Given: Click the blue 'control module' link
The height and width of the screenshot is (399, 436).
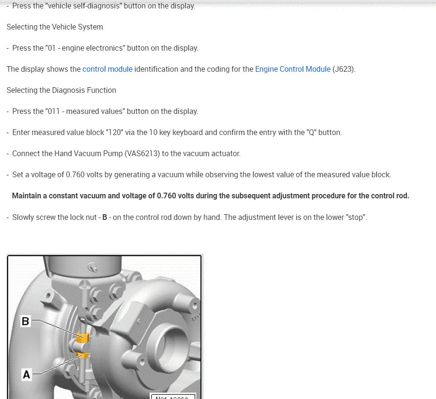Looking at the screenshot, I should click(x=107, y=69).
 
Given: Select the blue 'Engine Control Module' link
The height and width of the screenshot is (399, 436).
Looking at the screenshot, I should click(x=293, y=69).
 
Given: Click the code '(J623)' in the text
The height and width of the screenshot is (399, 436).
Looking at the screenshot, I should click(x=344, y=69).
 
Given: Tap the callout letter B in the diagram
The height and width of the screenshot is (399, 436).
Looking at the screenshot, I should click(x=25, y=322).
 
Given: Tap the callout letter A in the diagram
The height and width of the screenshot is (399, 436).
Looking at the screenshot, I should click(x=26, y=375).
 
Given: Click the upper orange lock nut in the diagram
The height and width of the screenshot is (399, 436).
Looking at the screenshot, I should click(x=83, y=338).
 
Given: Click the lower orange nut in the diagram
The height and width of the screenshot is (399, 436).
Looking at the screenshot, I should click(x=83, y=355).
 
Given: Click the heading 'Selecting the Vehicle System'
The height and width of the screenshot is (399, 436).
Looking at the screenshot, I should click(x=54, y=27).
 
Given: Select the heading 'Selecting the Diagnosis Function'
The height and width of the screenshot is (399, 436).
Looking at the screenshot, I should click(x=61, y=90).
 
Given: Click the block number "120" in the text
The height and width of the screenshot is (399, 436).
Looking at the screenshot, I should click(x=112, y=132).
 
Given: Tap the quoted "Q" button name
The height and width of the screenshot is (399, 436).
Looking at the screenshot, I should click(x=311, y=132).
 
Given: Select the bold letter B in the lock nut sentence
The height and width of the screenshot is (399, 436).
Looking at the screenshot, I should click(x=105, y=218).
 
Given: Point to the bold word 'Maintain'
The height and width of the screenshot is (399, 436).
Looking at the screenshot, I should click(x=26, y=196).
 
